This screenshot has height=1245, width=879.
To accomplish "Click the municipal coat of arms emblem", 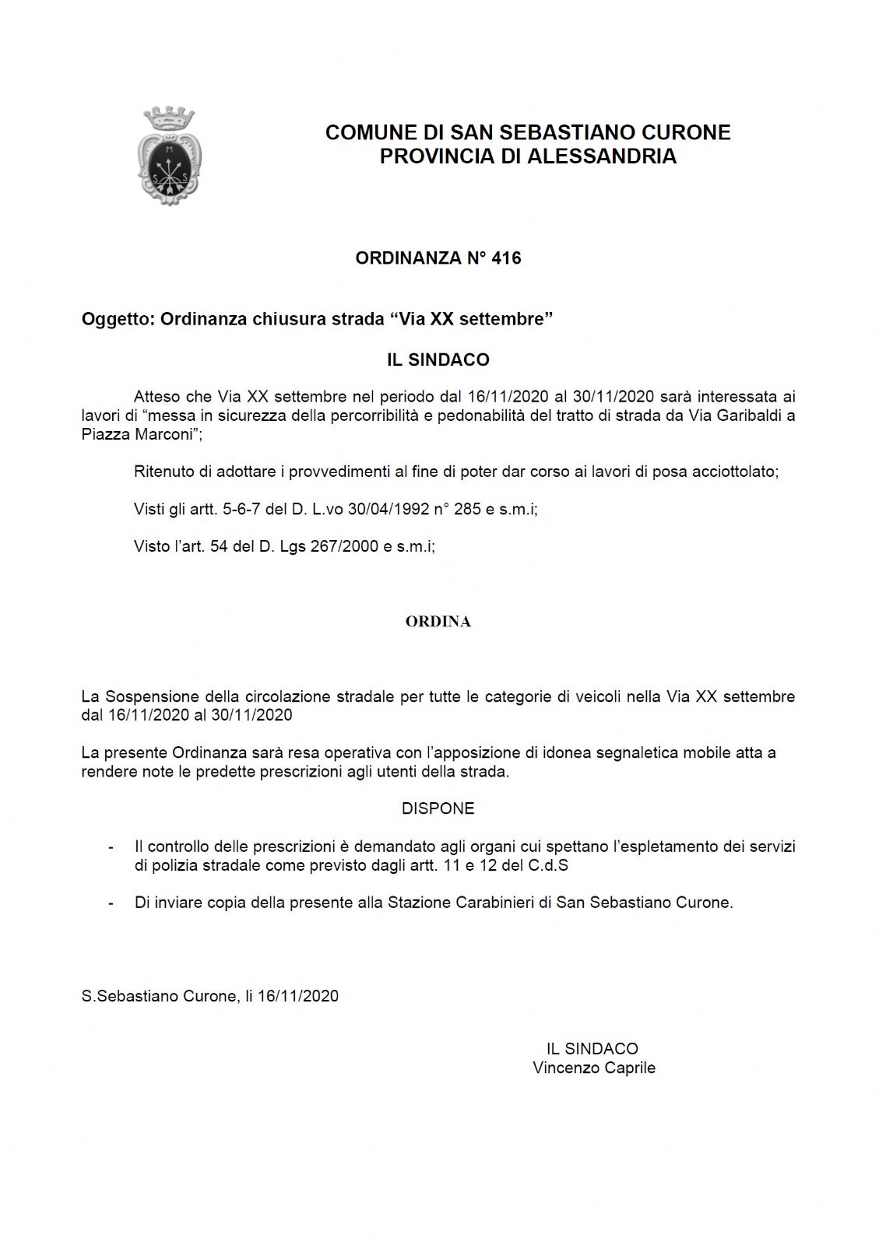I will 169,158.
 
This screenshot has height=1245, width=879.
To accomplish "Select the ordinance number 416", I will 506,258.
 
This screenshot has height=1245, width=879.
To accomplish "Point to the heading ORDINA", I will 438,622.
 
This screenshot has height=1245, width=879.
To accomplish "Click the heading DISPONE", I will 438,808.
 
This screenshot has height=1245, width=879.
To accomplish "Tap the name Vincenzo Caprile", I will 594,1068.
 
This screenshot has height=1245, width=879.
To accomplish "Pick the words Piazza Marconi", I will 138,434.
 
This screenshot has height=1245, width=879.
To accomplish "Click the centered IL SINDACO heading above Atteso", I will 438,359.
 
